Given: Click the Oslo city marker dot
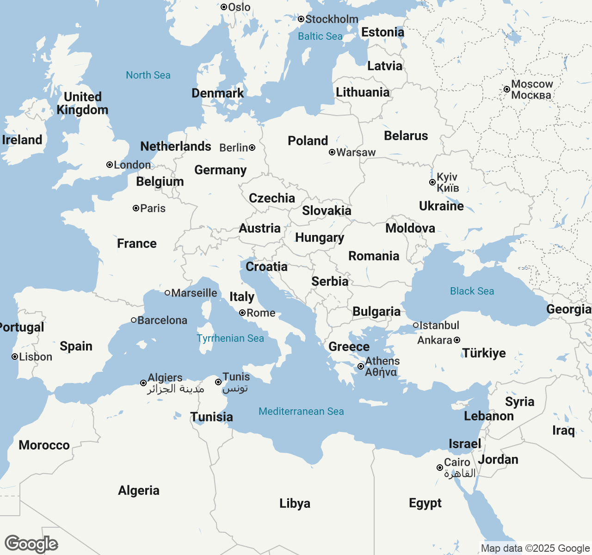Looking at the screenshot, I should tap(224, 7).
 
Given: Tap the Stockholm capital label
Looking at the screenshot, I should tap(332, 19).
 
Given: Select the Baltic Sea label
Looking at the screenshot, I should tap(320, 36).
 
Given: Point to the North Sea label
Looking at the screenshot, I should tap(148, 75).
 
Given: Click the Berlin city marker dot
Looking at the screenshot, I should tap(252, 148).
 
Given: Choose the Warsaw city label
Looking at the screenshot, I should tap(356, 153).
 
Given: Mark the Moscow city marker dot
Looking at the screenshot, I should tap(507, 89).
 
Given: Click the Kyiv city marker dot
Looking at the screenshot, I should tap(432, 182).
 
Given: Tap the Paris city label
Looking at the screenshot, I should tap(153, 209).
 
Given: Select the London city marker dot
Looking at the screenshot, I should tap(110, 165).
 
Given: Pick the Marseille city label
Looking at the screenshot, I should tap(194, 293).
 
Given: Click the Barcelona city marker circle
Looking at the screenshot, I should tap(133, 320).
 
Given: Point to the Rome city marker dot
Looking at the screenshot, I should tap(242, 313).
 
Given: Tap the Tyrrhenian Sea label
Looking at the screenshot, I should tap(230, 339).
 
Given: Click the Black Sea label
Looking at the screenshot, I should tap(472, 291).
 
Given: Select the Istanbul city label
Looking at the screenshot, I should tap(439, 326).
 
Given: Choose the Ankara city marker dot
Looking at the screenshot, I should tap(457, 340).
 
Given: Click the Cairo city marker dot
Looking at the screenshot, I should tap(440, 468).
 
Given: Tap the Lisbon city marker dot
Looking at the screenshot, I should tap(15, 357).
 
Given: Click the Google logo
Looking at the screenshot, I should tap(31, 544).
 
